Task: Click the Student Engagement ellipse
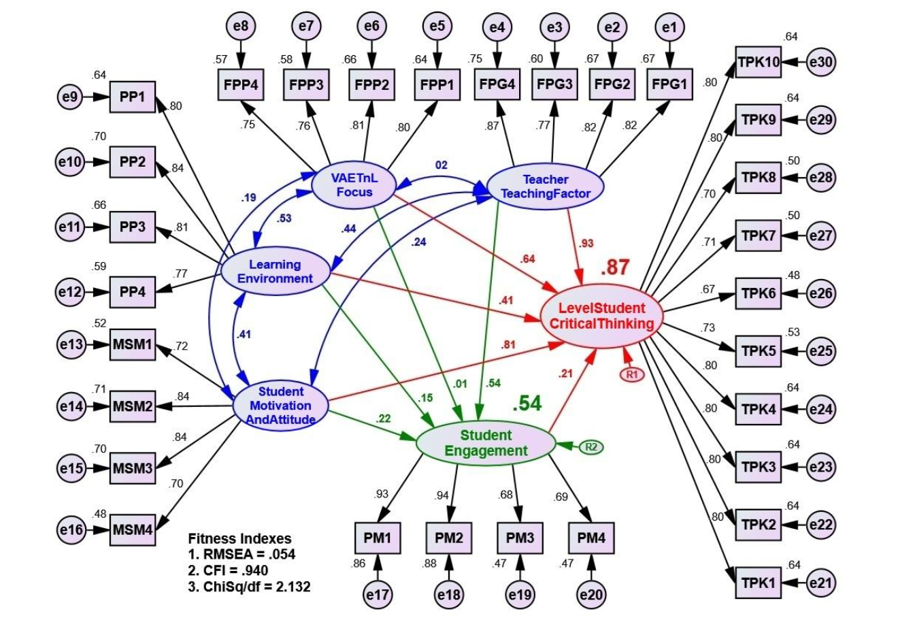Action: (485, 442)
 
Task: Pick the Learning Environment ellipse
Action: (275, 271)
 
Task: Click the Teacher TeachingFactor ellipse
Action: (546, 186)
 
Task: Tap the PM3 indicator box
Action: (520, 538)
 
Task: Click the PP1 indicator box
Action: (133, 97)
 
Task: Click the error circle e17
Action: (378, 594)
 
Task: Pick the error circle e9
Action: (69, 97)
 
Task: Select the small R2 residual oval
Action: (591, 447)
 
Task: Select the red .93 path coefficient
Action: (586, 243)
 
